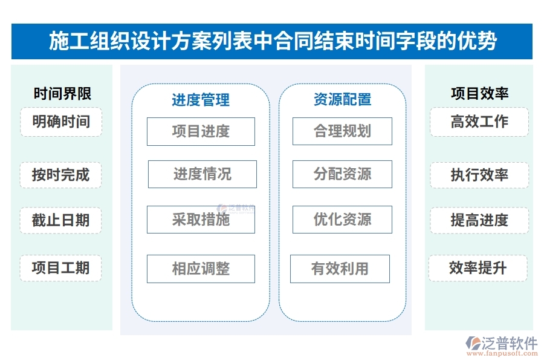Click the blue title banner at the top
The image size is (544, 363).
272,41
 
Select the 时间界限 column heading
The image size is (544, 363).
62,94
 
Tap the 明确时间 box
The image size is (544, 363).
61,122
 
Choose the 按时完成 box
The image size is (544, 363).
61,175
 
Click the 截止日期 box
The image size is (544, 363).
61,220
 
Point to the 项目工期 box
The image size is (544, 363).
61,268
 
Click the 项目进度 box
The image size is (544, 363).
201,131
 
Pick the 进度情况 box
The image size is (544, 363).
202,174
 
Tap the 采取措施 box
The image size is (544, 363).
201,220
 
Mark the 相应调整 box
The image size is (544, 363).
201,269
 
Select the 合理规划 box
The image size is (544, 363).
342,131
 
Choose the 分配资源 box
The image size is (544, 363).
342,174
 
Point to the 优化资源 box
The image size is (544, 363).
342,220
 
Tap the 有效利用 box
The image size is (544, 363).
340,269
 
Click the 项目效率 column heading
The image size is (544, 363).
479,94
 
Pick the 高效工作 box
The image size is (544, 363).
479,122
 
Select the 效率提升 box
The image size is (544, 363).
478,268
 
